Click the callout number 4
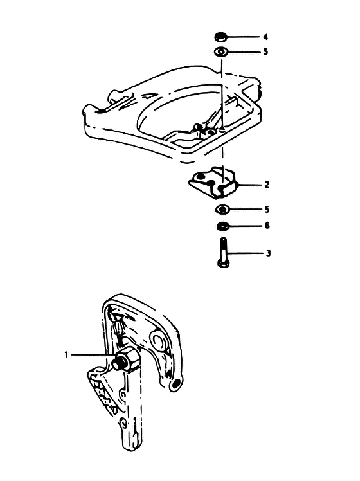[x=265, y=37]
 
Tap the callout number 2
[x=267, y=185]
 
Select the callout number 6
[x=267, y=226]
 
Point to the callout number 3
[x=268, y=253]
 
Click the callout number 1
[x=66, y=355]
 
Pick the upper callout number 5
[x=265, y=51]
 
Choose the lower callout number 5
[x=267, y=210]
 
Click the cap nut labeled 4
[x=221, y=37]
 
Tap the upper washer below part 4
[x=221, y=51]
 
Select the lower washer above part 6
[x=222, y=210]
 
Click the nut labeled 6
[x=222, y=226]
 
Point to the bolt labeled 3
[x=223, y=253]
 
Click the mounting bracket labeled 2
[x=213, y=182]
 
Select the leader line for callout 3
[x=246, y=253]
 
